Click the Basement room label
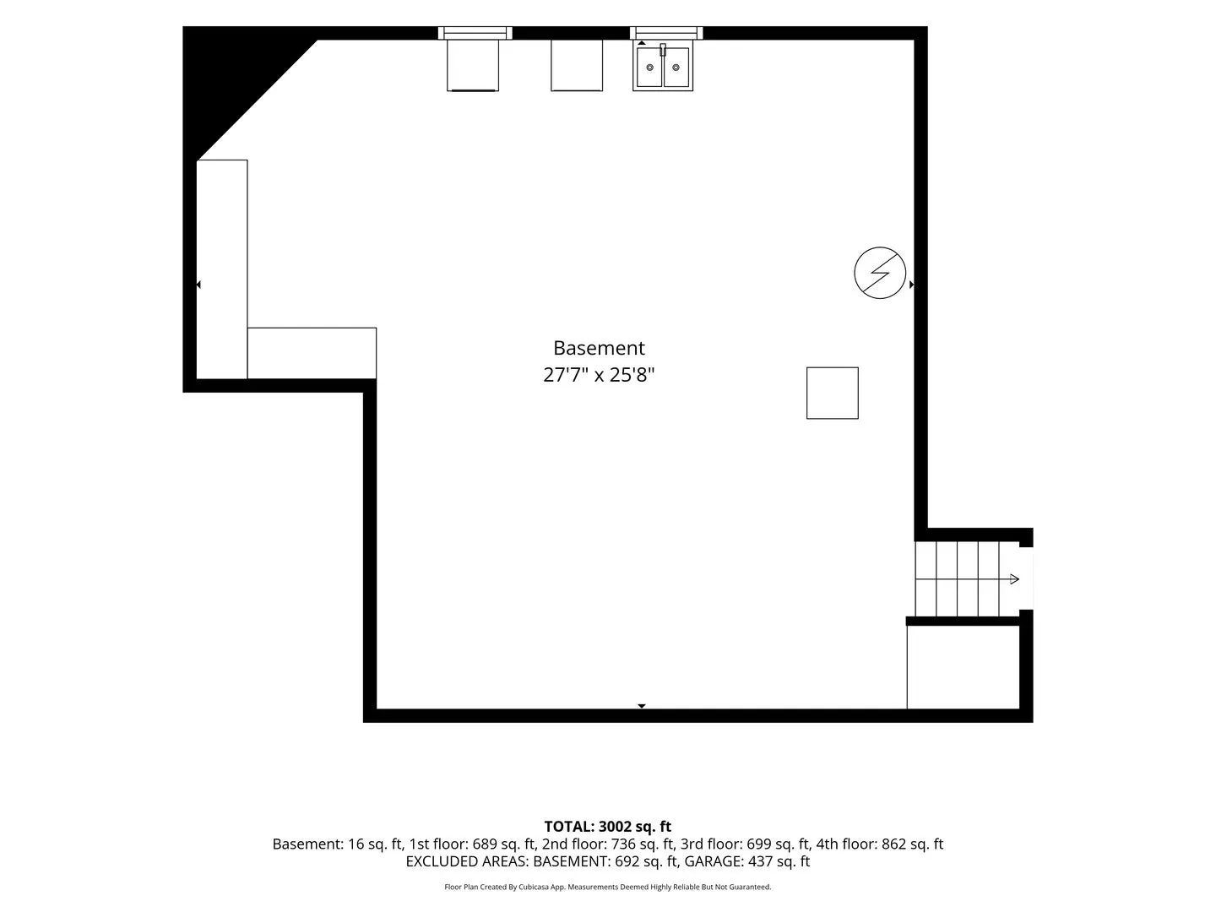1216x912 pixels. pyautogui.click(x=599, y=348)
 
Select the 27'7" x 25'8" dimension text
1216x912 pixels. pyautogui.click(x=599, y=375)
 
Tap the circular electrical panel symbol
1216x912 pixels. pyautogui.click(x=879, y=273)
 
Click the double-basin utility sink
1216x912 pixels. pyautogui.click(x=663, y=67)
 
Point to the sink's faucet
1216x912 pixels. pyautogui.click(x=663, y=50)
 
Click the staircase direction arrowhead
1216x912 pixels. pyautogui.click(x=1014, y=579)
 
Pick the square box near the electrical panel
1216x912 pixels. pyautogui.click(x=832, y=394)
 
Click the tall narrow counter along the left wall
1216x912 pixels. pyautogui.click(x=221, y=269)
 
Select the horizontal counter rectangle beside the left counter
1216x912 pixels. pyautogui.click(x=312, y=353)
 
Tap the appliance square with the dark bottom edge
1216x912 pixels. pyautogui.click(x=473, y=65)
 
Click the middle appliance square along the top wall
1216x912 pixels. pyautogui.click(x=576, y=65)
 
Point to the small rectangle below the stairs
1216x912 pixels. pyautogui.click(x=963, y=667)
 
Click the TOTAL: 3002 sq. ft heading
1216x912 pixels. pyautogui.click(x=607, y=827)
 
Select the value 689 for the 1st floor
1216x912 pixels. pyautogui.click(x=485, y=844)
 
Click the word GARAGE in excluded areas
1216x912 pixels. pyautogui.click(x=714, y=861)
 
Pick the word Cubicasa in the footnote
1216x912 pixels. pyautogui.click(x=534, y=887)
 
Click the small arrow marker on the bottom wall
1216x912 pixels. pyautogui.click(x=642, y=706)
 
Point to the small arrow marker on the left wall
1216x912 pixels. pyautogui.click(x=198, y=285)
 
